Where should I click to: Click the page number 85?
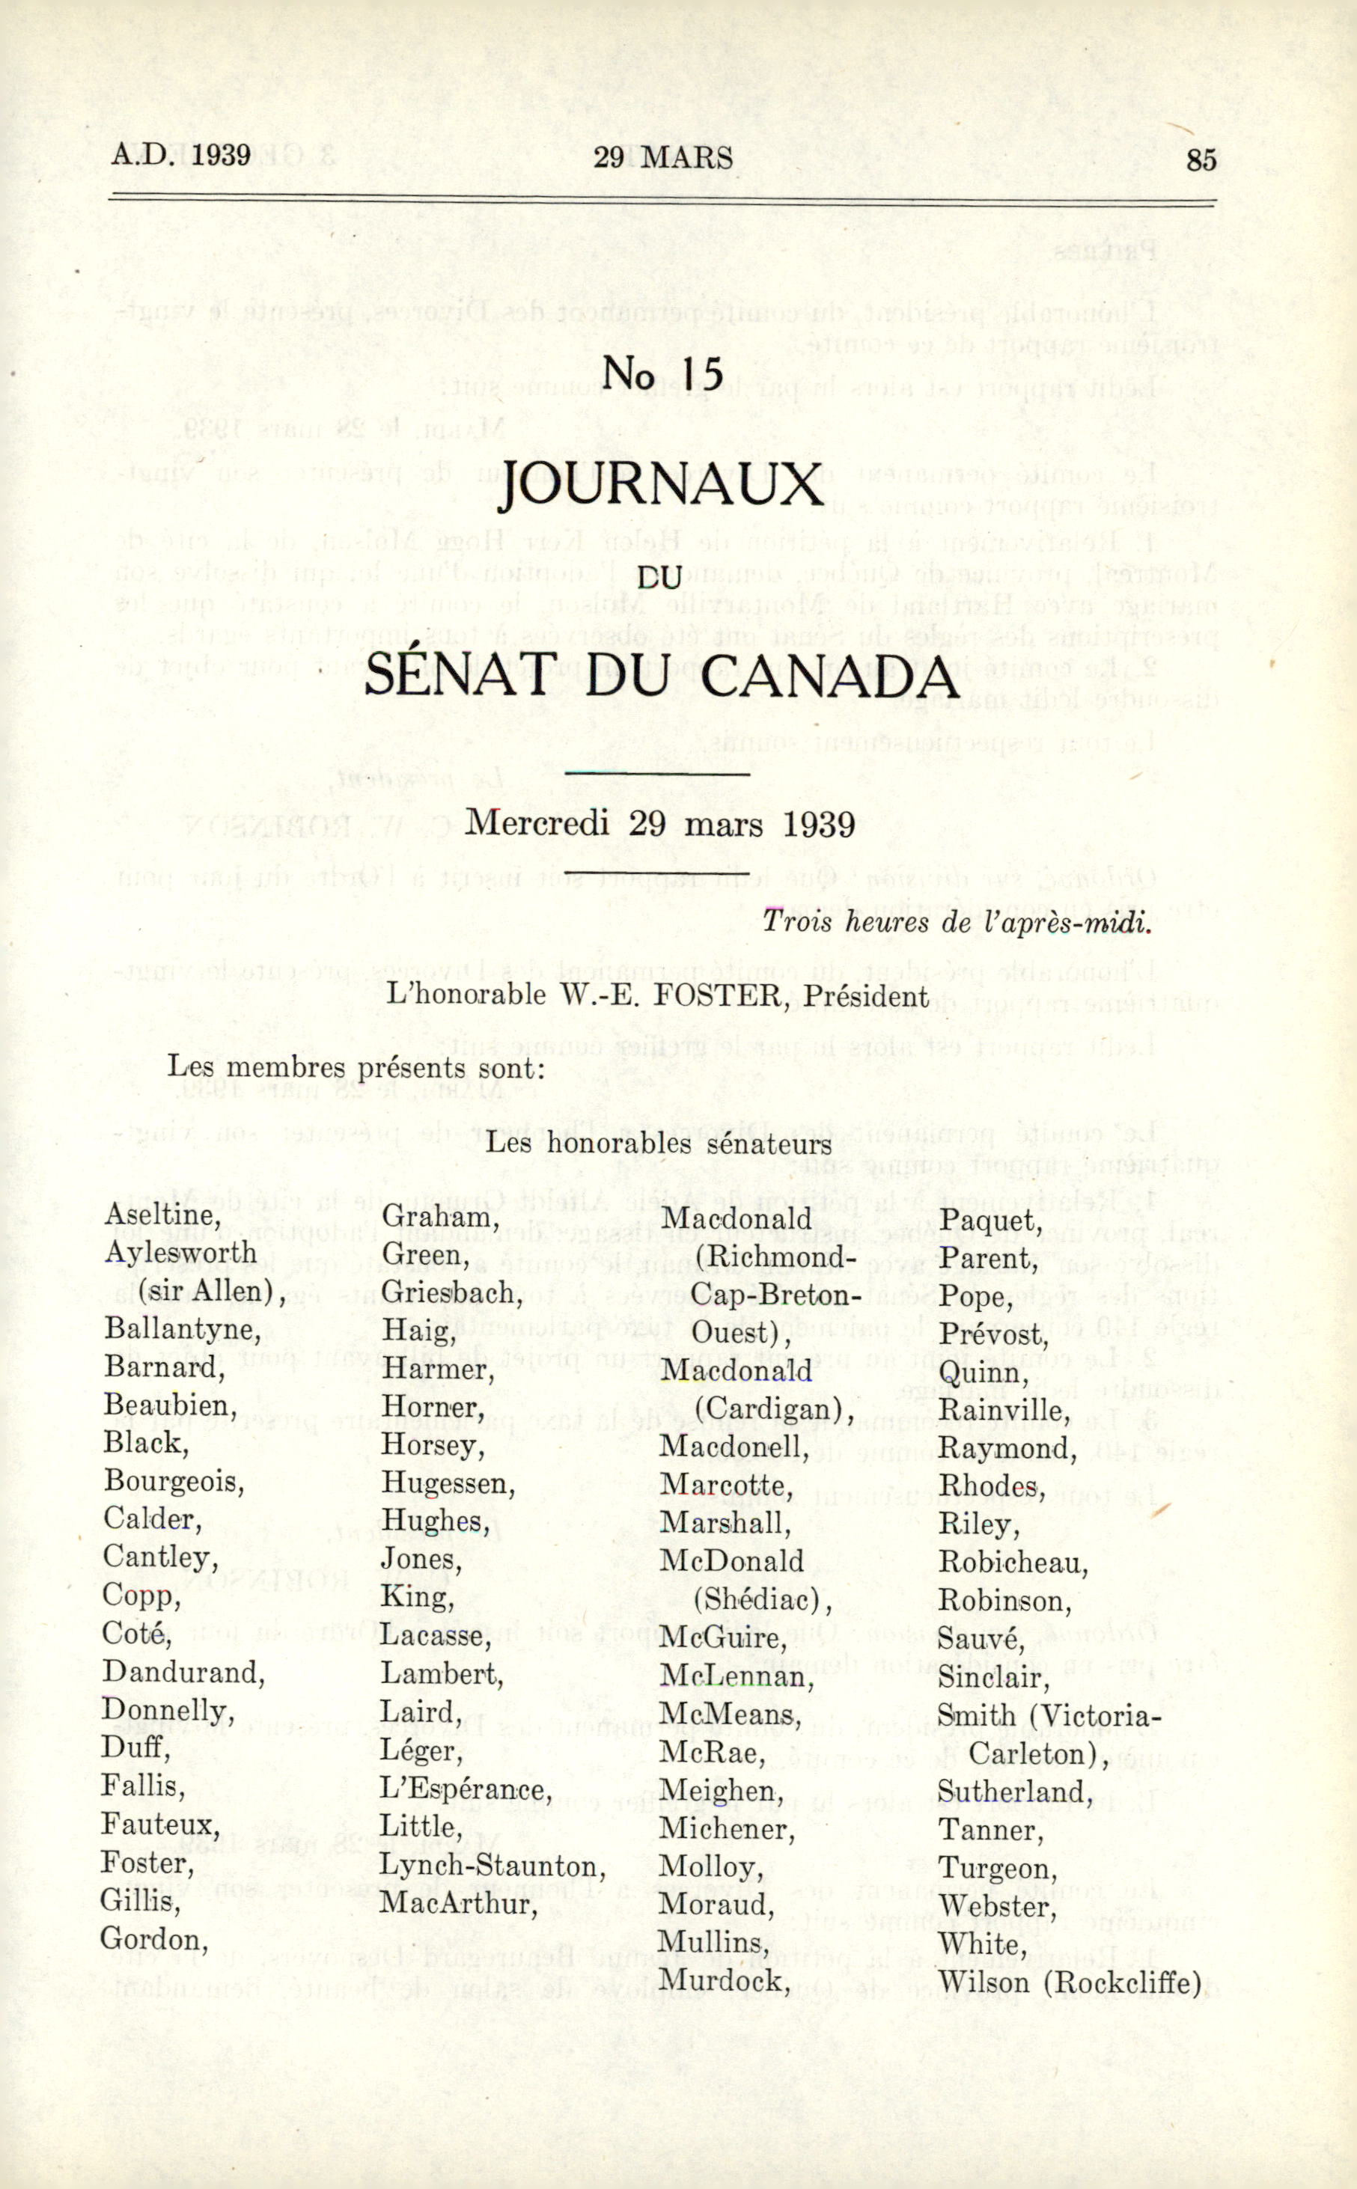click(1201, 159)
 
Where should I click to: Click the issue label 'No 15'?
click(662, 373)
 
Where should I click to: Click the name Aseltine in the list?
click(162, 1215)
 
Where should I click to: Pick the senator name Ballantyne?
click(181, 1328)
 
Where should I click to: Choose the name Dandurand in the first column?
click(183, 1673)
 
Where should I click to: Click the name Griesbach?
click(451, 1292)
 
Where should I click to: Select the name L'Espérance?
click(465, 1789)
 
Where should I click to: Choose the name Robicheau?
click(1013, 1562)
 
